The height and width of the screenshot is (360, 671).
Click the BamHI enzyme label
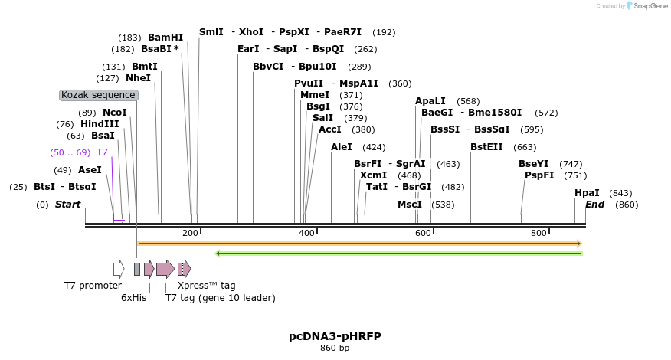pyautogui.click(x=165, y=37)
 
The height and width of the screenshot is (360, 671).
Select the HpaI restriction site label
pyautogui.click(x=587, y=193)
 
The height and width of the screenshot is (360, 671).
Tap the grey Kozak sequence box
pyautogui.click(x=99, y=95)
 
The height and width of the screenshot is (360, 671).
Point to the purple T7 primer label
pyautogui.click(x=102, y=152)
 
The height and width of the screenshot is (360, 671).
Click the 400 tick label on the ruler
pyautogui.click(x=306, y=233)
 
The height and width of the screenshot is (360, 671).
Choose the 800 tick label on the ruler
pyautogui.click(x=538, y=233)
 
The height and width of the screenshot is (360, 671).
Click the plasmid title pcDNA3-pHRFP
pyautogui.click(x=335, y=336)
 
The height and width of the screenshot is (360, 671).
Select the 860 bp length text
pyautogui.click(x=335, y=348)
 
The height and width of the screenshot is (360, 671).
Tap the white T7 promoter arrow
pyautogui.click(x=119, y=269)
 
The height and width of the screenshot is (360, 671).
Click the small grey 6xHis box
pyautogui.click(x=137, y=269)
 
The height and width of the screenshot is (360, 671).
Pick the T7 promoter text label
pyautogui.click(x=93, y=286)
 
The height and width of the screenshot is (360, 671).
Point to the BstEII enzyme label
pyautogui.click(x=486, y=147)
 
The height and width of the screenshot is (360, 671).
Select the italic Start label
pyautogui.click(x=67, y=205)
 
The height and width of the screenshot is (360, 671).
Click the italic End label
pyautogui.click(x=594, y=205)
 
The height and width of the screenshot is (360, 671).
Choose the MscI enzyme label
pyautogui.click(x=410, y=205)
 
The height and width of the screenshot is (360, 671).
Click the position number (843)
pyautogui.click(x=620, y=193)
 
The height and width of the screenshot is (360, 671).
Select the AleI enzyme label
pyautogui.click(x=342, y=147)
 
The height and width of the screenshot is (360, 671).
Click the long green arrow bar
pyautogui.click(x=398, y=253)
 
